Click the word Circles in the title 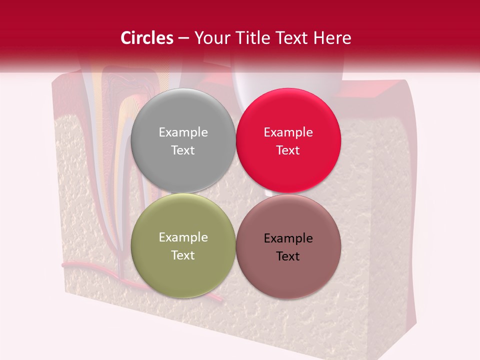[146, 38]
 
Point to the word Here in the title [333, 38]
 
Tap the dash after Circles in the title [183, 38]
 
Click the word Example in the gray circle [183, 132]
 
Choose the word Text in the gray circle [183, 150]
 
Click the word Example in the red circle [288, 132]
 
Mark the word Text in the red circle [288, 150]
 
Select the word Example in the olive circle [183, 237]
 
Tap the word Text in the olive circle [183, 255]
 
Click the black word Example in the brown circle [288, 238]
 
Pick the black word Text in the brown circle [288, 256]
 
